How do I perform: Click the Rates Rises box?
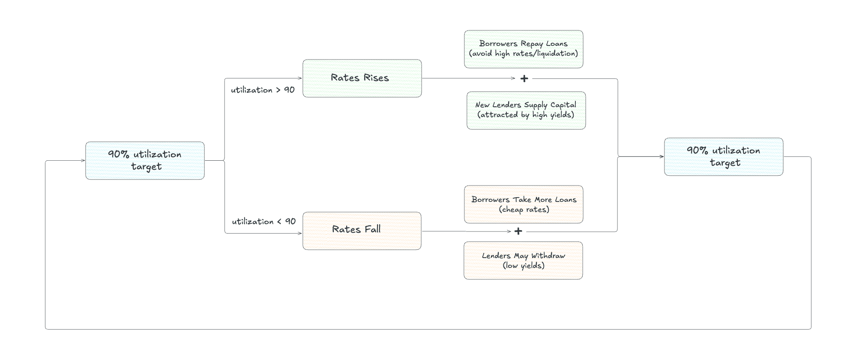(362, 78)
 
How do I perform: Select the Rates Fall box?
(362, 231)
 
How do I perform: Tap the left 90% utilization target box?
(145, 160)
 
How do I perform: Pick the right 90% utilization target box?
(724, 156)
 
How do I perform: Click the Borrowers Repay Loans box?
(524, 49)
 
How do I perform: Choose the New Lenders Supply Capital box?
(526, 110)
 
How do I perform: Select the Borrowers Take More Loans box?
(524, 204)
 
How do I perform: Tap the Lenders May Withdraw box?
(523, 260)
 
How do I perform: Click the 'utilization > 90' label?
(263, 90)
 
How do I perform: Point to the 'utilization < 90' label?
(263, 222)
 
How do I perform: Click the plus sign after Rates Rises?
(524, 78)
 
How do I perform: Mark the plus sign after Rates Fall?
(518, 231)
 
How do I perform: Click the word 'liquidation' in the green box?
(556, 54)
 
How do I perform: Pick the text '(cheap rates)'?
(524, 210)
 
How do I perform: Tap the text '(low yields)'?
(523, 266)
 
